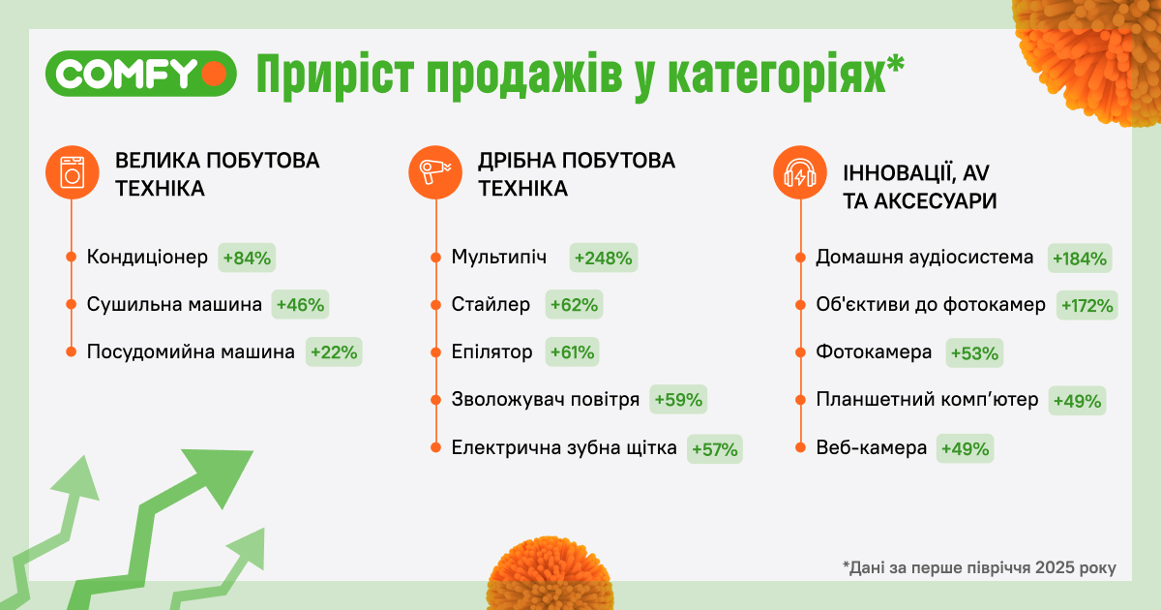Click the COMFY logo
140,74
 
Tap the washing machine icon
72,172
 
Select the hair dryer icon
434,172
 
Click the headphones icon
799,173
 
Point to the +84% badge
249,258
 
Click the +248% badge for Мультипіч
604,258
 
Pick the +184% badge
1081,258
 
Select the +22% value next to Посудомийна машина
333,352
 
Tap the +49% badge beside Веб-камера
964,448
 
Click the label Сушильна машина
174,305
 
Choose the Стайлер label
491,305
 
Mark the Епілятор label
491,351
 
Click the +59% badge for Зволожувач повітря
679,400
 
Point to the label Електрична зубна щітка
564,448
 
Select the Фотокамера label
874,351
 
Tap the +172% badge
1087,305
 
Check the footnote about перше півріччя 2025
979,567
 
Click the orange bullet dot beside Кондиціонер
72,258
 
